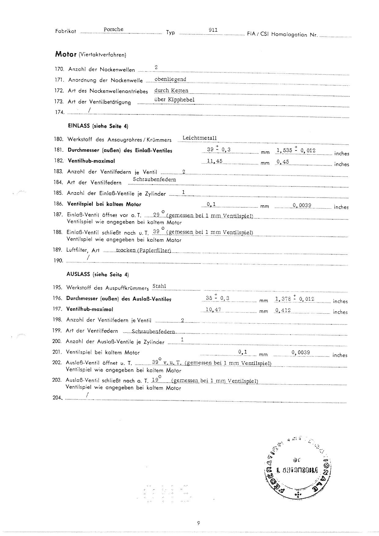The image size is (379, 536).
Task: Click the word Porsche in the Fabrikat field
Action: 113,29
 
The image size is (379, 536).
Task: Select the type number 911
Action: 213,30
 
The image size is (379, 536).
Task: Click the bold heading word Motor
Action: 65,54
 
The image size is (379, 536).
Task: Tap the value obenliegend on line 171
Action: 170,79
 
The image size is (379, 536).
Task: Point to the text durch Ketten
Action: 171,91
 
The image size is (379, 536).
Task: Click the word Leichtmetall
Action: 199,138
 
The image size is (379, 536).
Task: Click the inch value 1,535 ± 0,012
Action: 296,150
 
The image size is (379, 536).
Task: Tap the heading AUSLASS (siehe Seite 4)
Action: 98,274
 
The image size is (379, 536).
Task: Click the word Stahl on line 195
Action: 159,286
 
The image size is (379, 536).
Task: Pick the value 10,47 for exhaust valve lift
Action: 213,310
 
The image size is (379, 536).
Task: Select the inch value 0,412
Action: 283,310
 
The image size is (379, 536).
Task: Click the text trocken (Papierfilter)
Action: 143,250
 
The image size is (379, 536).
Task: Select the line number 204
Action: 57,398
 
